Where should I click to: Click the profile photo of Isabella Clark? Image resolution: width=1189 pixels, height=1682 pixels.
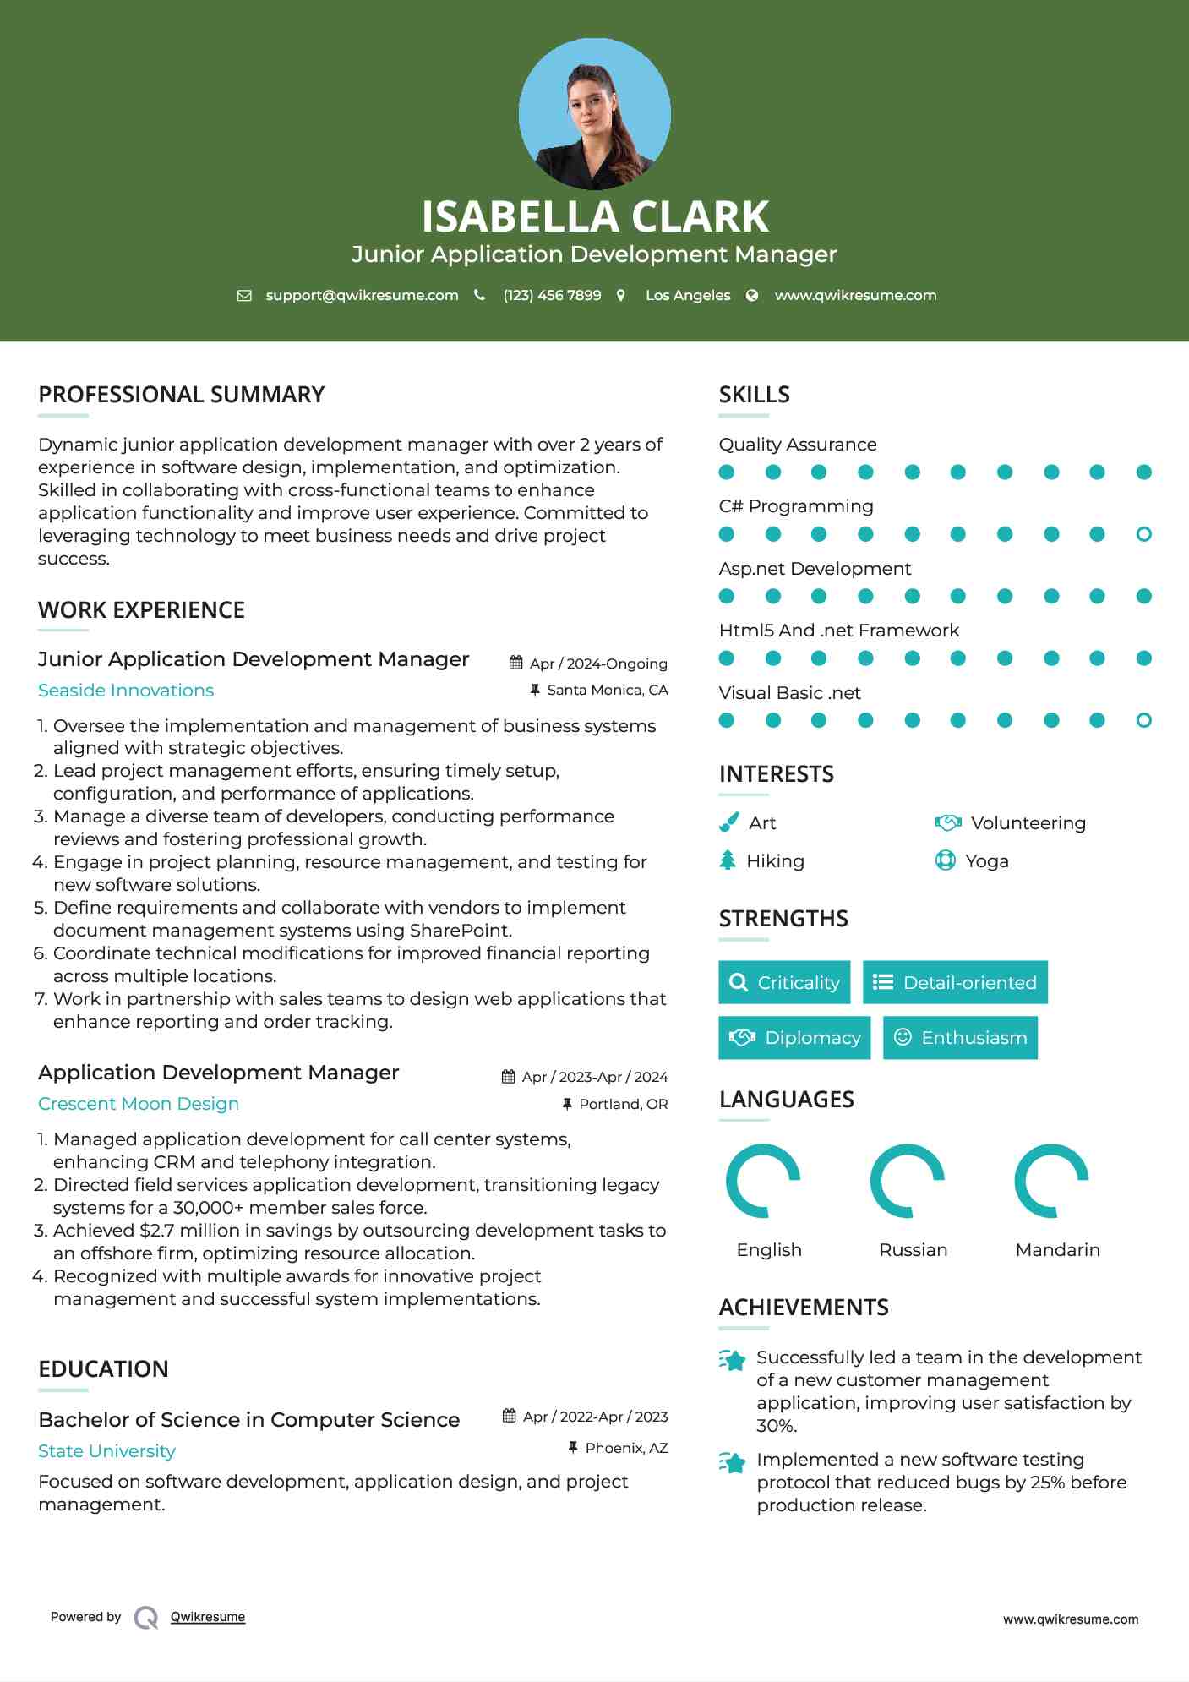(594, 113)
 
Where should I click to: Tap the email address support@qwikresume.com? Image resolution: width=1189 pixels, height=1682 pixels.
(362, 295)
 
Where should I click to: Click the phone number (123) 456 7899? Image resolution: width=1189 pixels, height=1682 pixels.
(552, 295)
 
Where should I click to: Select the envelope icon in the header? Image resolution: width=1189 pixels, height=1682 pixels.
(244, 295)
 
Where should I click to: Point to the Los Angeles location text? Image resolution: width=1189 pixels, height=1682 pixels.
(687, 295)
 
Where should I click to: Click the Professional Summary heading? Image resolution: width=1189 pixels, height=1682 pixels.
(181, 395)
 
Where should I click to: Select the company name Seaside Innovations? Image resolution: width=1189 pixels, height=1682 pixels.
(126, 691)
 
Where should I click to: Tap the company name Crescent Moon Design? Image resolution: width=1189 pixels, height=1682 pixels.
(139, 1104)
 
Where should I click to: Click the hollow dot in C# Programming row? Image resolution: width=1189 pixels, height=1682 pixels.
(1143, 534)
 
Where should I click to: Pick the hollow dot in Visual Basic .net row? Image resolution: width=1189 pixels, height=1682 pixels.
(1143, 720)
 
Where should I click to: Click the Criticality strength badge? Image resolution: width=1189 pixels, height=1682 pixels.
(784, 982)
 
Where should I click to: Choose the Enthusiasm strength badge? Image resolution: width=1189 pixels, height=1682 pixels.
(960, 1037)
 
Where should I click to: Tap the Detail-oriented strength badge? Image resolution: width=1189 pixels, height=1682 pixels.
(955, 982)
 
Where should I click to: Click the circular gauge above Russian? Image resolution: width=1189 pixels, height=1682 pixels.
(908, 1181)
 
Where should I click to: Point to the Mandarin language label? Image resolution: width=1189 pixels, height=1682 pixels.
(1057, 1249)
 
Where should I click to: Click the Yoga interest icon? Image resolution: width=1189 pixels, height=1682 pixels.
(945, 860)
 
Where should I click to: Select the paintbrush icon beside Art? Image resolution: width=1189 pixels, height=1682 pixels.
(728, 822)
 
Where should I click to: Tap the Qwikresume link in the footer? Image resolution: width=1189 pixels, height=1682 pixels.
(207, 1617)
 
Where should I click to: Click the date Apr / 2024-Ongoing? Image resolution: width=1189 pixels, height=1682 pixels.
(598, 664)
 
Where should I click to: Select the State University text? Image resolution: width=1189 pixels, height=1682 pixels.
(106, 1451)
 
